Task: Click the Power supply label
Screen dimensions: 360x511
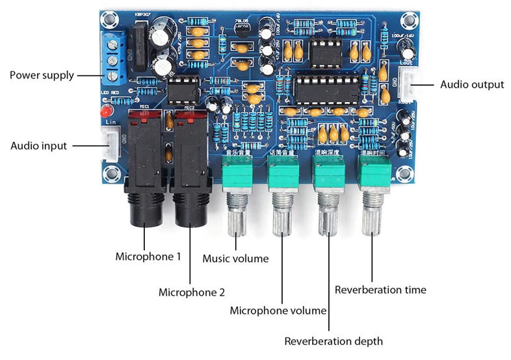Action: click(41, 75)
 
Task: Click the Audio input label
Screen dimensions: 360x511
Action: click(38, 146)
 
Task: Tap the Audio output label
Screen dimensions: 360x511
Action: click(471, 84)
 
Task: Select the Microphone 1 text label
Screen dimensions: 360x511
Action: click(148, 256)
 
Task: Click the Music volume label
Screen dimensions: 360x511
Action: click(235, 259)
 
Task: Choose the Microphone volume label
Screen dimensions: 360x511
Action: click(278, 311)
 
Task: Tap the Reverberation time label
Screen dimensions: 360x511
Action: click(380, 289)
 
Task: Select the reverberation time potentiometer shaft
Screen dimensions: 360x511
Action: click(373, 218)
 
